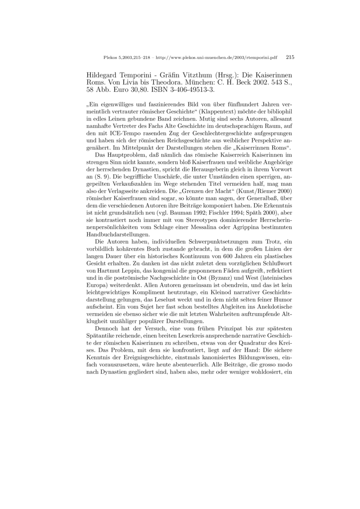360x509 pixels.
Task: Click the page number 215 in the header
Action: (x=290, y=58)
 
